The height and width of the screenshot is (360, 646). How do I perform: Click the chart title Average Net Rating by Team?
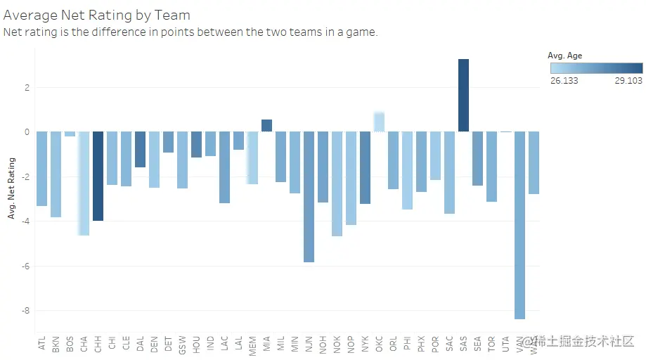click(97, 15)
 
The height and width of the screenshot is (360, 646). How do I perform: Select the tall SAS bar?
click(463, 95)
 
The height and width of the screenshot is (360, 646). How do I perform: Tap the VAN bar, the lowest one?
click(519, 225)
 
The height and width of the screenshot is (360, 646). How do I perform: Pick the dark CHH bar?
click(98, 176)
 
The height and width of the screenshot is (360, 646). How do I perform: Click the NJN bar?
click(309, 197)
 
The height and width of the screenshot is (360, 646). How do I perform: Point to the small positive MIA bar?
click(266, 126)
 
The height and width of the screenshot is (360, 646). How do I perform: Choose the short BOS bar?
click(70, 134)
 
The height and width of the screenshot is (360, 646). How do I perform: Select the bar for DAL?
click(140, 149)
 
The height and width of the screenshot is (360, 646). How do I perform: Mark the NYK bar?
click(365, 167)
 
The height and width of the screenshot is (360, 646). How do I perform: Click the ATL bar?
click(41, 169)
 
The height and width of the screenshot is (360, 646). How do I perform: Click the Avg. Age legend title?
click(564, 56)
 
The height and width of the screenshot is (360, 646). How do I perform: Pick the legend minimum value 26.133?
click(564, 81)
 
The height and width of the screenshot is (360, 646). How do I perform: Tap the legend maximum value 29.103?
click(628, 81)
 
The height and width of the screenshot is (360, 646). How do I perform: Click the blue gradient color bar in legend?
click(596, 68)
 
